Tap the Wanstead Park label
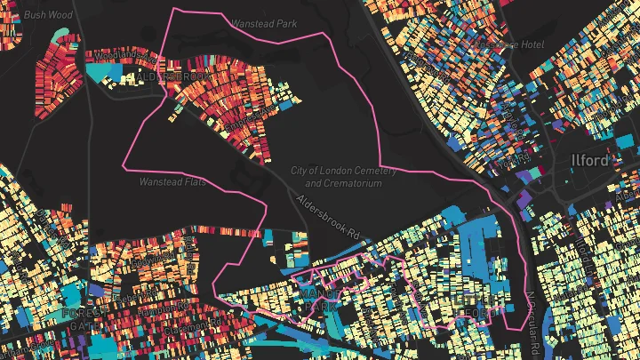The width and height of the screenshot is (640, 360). pyautogui.click(x=263, y=24)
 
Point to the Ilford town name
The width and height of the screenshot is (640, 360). pyautogui.click(x=590, y=161)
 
